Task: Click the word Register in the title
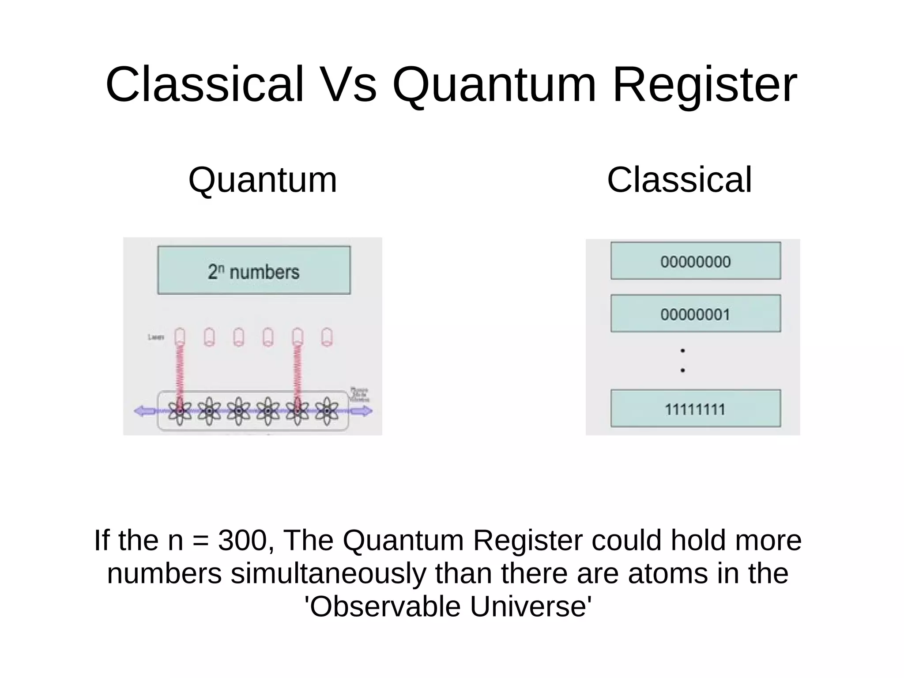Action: (704, 85)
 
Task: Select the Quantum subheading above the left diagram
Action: (263, 180)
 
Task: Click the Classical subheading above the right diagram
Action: (679, 180)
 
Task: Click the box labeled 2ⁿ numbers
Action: (254, 270)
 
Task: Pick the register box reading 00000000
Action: (695, 261)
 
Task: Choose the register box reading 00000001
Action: (695, 314)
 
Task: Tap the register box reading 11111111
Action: (695, 409)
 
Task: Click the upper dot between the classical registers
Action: (682, 351)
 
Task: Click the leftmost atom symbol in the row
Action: (180, 411)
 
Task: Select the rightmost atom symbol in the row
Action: (327, 411)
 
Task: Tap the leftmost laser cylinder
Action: (180, 337)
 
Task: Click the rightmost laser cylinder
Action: (327, 337)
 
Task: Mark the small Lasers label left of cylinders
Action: (156, 337)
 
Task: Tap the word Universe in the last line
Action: (530, 606)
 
